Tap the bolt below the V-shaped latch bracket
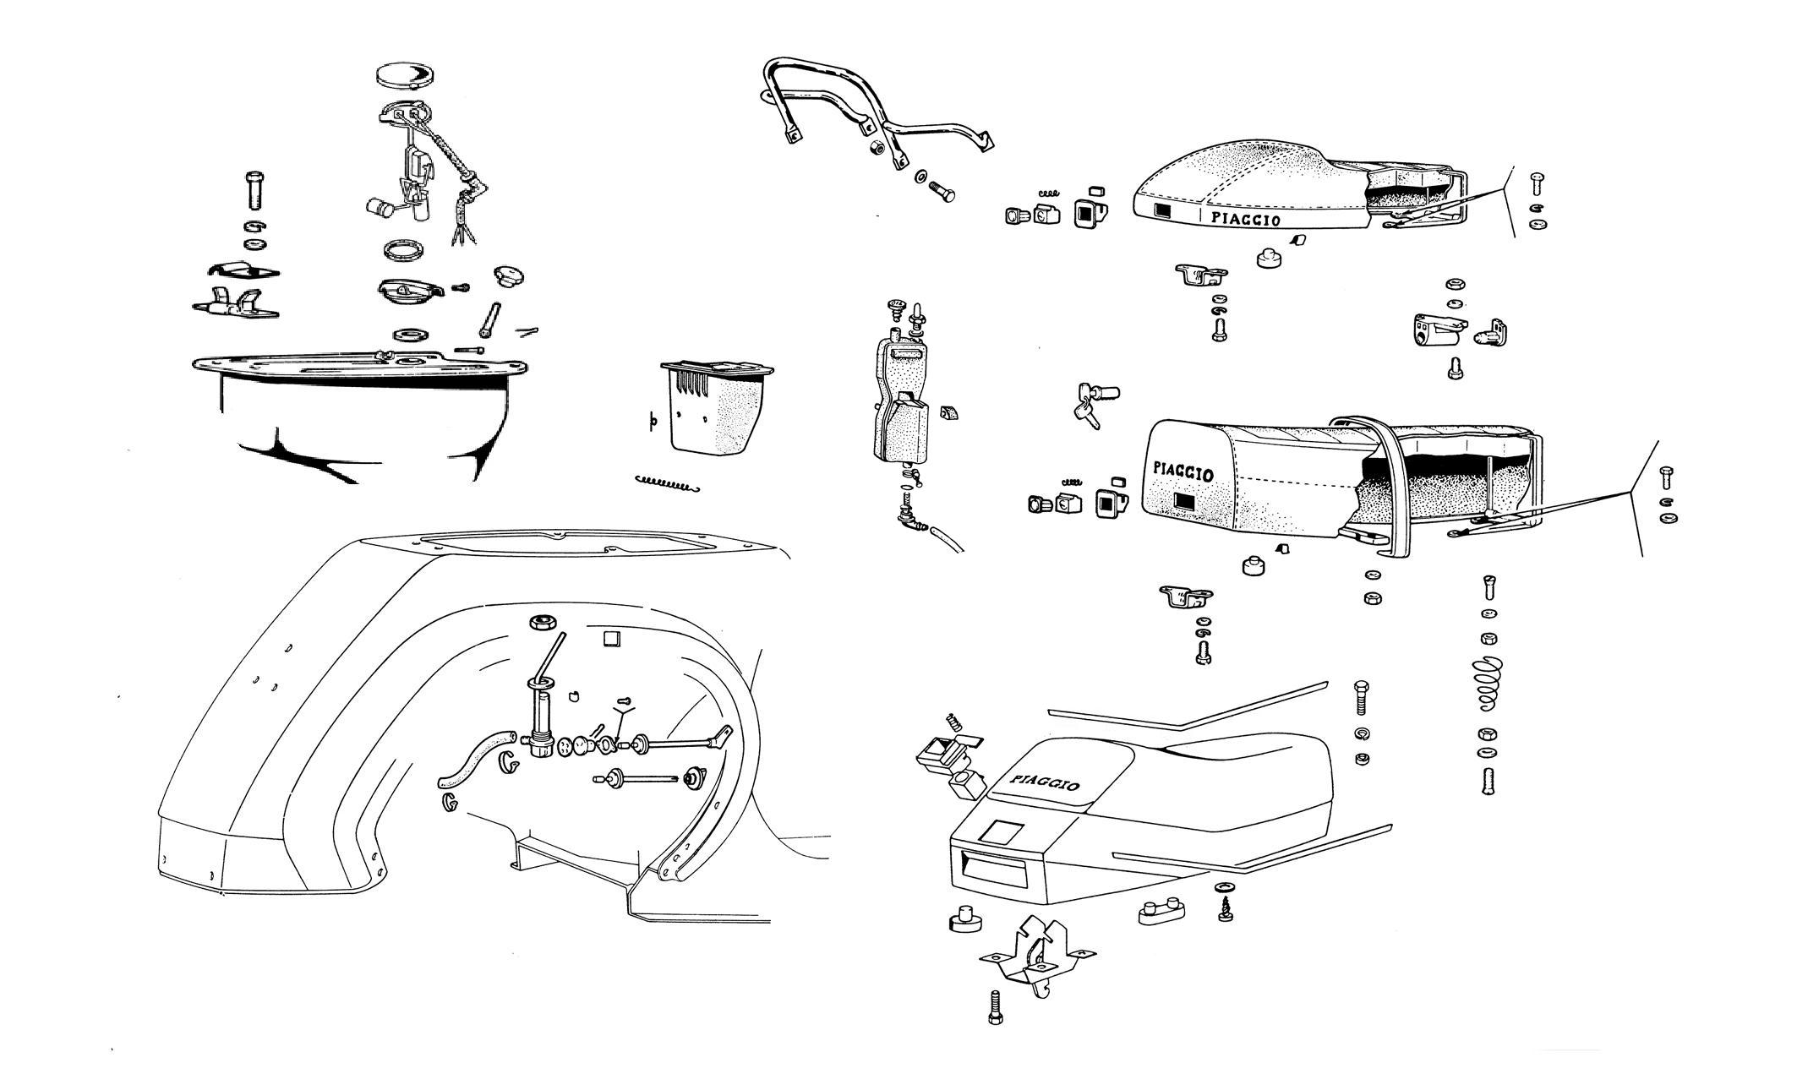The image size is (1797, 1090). (995, 1006)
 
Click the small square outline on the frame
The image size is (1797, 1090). (611, 639)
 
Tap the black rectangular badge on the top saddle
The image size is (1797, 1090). (1163, 212)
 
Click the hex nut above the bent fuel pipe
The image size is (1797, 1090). (541, 624)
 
